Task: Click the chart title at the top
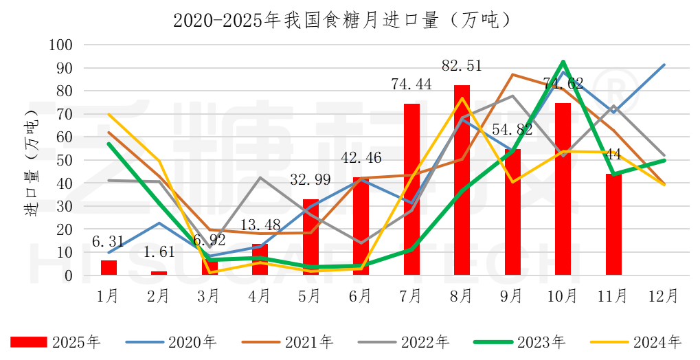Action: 341,20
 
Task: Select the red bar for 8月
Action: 462,180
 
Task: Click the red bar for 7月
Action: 411,190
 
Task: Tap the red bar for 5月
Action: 311,237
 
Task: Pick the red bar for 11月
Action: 613,224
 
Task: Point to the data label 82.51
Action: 461,66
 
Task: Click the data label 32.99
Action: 311,181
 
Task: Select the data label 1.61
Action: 159,253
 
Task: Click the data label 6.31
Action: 109,242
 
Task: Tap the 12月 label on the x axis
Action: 664,296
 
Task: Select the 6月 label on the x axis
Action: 361,296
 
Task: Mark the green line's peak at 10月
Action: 563,62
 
